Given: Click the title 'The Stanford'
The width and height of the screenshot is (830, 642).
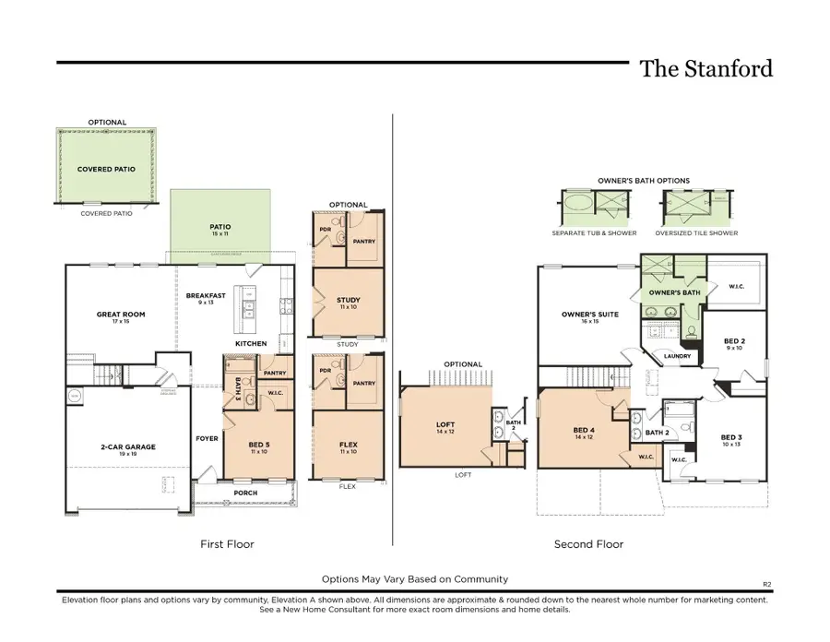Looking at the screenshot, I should click(706, 68).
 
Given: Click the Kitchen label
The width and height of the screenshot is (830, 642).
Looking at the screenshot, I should click(251, 343).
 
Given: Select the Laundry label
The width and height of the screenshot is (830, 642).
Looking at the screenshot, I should click(678, 356).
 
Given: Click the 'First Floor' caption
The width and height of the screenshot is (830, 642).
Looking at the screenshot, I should click(227, 544).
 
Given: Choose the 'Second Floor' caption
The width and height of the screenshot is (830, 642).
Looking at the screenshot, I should click(588, 544).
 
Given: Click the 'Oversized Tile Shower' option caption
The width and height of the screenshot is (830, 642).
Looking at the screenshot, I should click(696, 233).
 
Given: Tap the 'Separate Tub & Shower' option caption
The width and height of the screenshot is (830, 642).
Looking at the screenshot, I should click(594, 233).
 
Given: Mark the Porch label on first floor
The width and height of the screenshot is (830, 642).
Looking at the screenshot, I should click(245, 492).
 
